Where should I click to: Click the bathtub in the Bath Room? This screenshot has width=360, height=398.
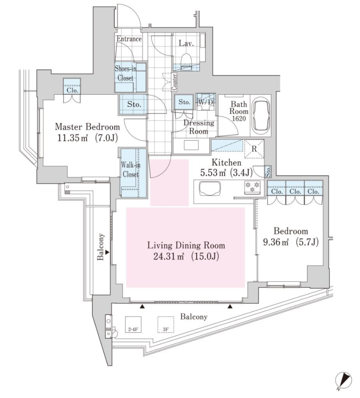tap(261, 116)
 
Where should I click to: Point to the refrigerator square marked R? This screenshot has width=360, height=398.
tap(254, 149)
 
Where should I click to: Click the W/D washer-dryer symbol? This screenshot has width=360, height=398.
tap(206, 102)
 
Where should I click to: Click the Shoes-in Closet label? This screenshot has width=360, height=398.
tap(125, 73)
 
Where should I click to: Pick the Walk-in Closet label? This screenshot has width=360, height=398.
tap(130, 170)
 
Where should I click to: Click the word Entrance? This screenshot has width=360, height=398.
tap(129, 39)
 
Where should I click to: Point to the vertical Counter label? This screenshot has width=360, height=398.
tap(174, 82)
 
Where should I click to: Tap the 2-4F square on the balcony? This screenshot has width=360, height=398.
tap(133, 325)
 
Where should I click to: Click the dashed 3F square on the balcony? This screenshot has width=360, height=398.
tap(166, 325)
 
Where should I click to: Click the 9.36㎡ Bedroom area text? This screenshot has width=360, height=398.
tap(291, 243)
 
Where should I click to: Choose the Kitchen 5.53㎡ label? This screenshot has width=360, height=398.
tap(226, 168)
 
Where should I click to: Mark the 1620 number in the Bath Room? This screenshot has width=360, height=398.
tap(239, 119)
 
